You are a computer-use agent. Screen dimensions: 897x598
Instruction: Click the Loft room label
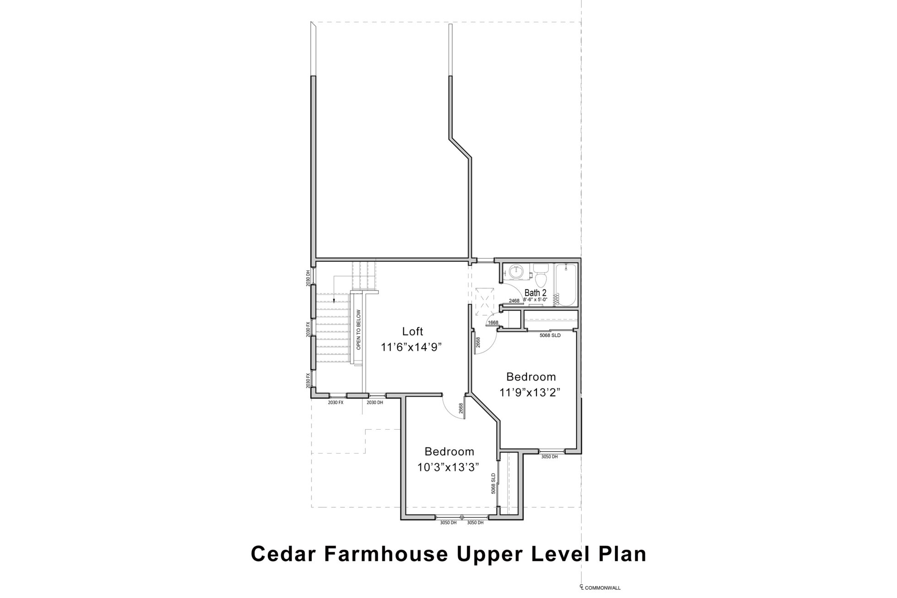click(412, 331)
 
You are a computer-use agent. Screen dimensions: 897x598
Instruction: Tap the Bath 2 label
click(535, 293)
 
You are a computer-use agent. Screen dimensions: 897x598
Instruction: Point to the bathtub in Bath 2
click(566, 285)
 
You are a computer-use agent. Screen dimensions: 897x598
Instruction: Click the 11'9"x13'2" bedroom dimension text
click(530, 393)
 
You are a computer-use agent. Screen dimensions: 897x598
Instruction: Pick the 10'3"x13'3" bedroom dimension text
click(448, 467)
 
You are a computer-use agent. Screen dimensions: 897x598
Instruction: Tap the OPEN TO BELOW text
click(358, 330)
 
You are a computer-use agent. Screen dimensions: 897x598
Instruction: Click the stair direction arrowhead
click(334, 301)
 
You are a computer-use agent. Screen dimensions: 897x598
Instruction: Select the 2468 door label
click(514, 301)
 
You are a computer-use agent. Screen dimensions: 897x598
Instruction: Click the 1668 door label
click(493, 323)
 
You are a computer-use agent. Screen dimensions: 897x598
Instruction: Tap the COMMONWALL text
click(603, 588)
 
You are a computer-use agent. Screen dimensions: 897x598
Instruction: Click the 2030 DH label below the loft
click(375, 403)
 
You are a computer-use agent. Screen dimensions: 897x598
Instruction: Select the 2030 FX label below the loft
click(335, 403)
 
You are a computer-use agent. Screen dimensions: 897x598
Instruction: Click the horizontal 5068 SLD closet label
click(550, 335)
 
